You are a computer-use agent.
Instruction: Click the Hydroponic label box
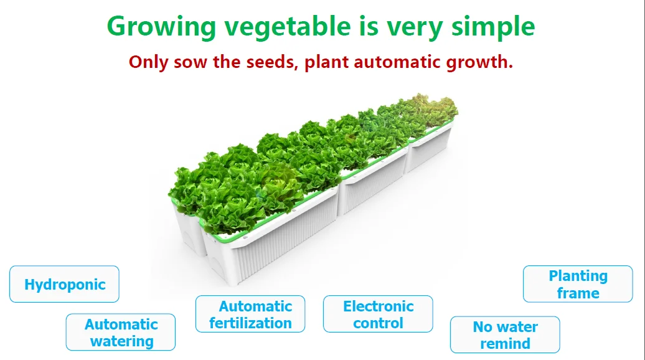(64, 284)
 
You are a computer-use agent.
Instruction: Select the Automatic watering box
(121, 332)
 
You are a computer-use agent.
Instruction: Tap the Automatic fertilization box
(250, 313)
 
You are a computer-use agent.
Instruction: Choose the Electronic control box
(378, 313)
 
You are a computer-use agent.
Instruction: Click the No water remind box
(505, 334)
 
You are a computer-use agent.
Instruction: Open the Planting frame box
(578, 284)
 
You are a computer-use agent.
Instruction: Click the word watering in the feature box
(122, 341)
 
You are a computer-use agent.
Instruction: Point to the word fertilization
(250, 323)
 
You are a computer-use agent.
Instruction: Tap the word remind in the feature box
(505, 344)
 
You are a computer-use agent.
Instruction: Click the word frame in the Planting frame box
(578, 293)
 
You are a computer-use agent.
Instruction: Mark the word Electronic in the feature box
(379, 306)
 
